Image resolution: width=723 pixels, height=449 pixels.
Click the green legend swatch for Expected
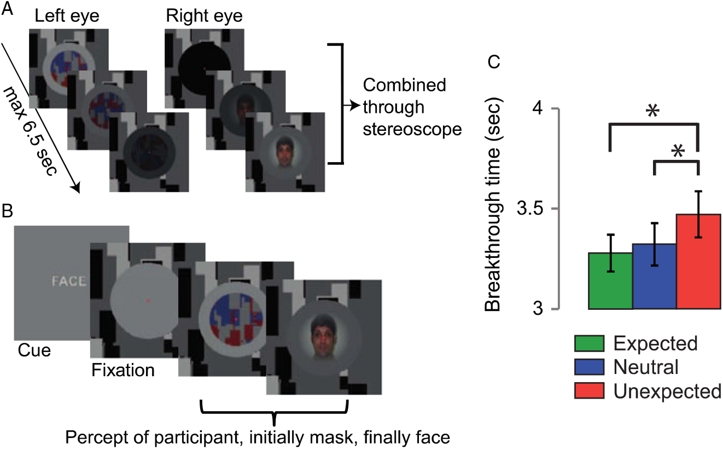(x=589, y=344)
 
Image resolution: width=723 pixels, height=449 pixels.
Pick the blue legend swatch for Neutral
(x=589, y=367)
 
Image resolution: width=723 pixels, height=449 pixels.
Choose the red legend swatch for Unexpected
(x=589, y=391)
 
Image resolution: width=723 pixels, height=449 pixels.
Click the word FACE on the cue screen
(x=68, y=282)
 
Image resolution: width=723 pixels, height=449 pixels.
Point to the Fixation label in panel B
(x=123, y=371)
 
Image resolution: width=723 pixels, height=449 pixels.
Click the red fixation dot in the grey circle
(x=148, y=301)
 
